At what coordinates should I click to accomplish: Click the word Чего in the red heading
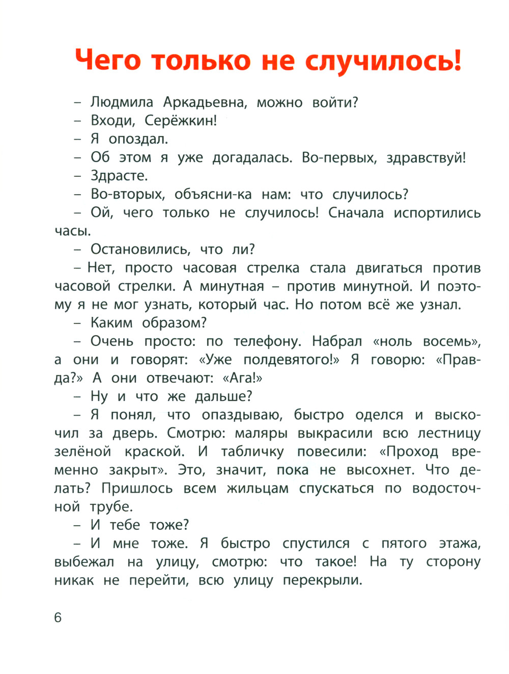107,60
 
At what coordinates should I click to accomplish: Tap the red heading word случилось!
383,61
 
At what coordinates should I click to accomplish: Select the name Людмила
122,102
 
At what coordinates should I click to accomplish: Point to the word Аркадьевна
205,102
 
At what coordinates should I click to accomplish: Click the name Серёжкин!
181,121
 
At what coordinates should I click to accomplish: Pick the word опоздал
138,139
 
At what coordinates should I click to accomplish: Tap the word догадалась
252,158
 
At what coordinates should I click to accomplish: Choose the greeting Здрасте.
119,176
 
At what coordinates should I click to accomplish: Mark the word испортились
437,213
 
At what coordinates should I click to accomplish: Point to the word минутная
232,286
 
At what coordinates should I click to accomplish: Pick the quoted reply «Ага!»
242,378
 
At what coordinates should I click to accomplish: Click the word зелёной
82,452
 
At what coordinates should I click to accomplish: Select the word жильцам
258,489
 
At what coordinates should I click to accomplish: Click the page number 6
58,617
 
